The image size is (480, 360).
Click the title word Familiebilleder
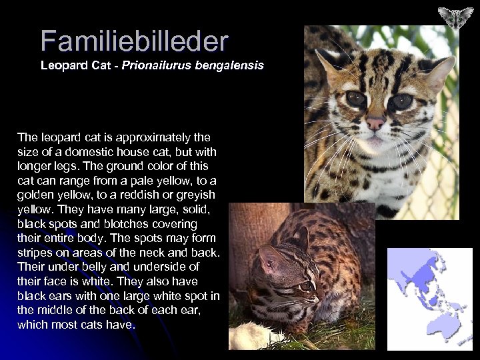(133, 41)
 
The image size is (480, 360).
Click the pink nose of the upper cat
(375, 123)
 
